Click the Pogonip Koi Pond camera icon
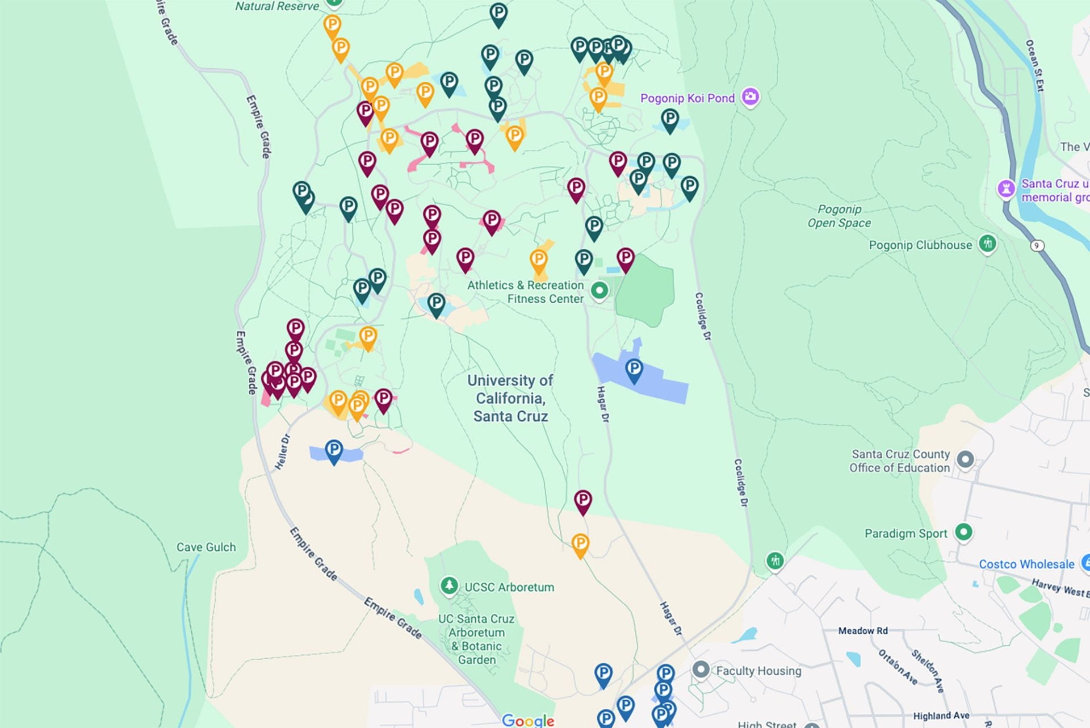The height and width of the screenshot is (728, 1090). [750, 97]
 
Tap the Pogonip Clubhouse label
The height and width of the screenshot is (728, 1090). [920, 245]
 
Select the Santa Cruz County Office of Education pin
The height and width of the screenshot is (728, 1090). [965, 459]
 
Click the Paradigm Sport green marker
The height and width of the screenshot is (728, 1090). [963, 532]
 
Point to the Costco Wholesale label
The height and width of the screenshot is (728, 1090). [1026, 564]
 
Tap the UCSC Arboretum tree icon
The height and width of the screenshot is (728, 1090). [449, 585]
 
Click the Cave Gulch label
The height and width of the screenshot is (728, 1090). [206, 547]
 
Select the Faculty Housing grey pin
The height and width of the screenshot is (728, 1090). [701, 670]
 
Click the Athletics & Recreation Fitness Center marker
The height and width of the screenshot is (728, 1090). [599, 291]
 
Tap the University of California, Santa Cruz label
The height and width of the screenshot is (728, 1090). [510, 398]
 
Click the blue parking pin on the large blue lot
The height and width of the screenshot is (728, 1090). [634, 369]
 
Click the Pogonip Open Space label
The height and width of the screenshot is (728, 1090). [839, 216]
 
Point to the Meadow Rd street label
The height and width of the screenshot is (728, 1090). [863, 630]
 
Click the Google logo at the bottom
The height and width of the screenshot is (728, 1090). [528, 720]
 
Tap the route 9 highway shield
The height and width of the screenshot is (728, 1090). [1037, 245]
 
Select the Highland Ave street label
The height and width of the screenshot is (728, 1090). [941, 716]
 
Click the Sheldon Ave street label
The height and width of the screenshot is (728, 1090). [928, 671]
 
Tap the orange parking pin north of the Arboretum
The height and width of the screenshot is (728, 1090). [580, 544]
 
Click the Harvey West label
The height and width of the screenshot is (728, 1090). [1059, 588]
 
